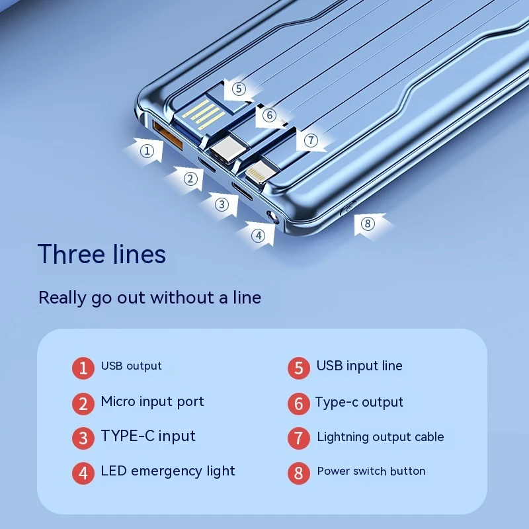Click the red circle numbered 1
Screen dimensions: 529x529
click(83, 368)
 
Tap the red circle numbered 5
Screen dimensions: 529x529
click(299, 368)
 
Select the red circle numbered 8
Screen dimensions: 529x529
click(299, 473)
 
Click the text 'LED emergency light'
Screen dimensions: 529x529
click(168, 471)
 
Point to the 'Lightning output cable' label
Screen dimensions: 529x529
click(380, 437)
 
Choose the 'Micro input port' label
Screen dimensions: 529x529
click(152, 402)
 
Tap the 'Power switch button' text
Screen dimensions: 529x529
click(371, 471)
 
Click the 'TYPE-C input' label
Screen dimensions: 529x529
click(148, 436)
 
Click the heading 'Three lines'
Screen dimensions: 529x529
click(102, 254)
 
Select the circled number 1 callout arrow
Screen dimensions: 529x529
click(145, 151)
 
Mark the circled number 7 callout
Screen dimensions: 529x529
click(310, 140)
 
